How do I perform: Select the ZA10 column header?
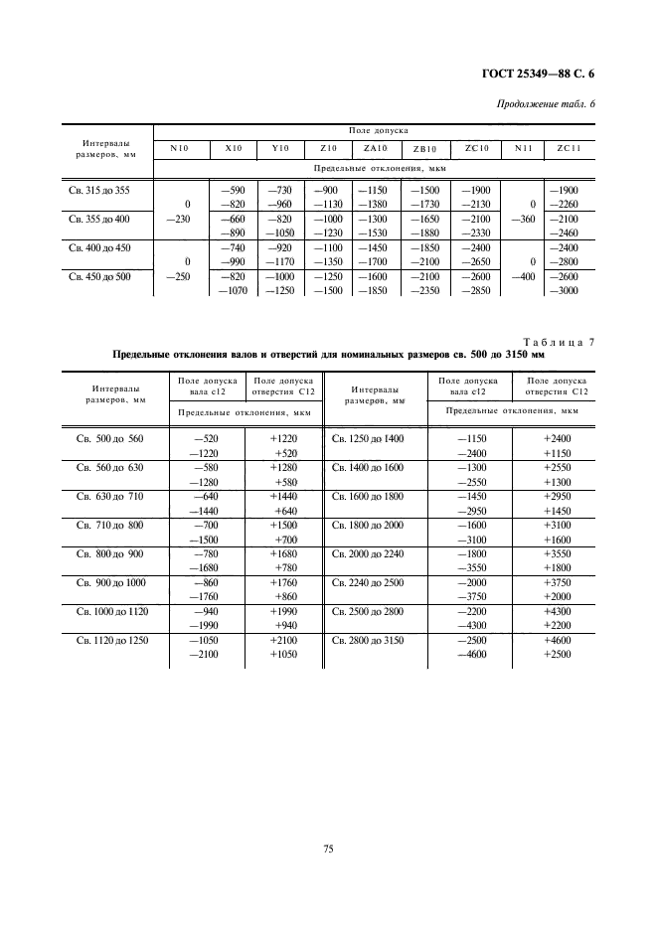point(376,148)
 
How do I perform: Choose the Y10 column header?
point(280,148)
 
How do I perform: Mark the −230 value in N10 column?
point(178,219)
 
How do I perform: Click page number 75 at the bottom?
point(328,848)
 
